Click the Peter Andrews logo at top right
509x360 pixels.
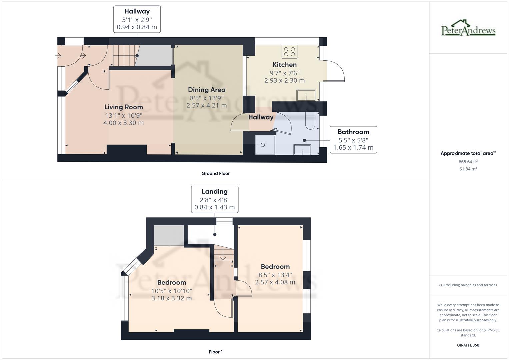click(468, 28)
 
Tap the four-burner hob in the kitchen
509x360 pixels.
click(289, 52)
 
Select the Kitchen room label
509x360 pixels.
click(284, 65)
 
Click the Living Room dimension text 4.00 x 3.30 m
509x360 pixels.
click(123, 123)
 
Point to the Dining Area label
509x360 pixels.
click(207, 90)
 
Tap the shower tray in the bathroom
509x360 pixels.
click(265, 145)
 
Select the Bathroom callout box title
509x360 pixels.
click(353, 132)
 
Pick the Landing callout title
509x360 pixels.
click(214, 191)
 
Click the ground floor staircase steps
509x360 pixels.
click(124, 56)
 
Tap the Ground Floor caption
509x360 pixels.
click(215, 173)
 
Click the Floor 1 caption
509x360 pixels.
click(216, 352)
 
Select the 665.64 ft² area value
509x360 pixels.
click(468, 162)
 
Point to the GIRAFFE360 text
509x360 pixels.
click(468, 345)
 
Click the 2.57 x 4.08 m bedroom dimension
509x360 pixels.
click(275, 282)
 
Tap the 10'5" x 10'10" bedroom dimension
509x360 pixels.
click(172, 291)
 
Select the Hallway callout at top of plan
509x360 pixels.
click(137, 11)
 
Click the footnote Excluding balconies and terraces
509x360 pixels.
click(468, 285)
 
